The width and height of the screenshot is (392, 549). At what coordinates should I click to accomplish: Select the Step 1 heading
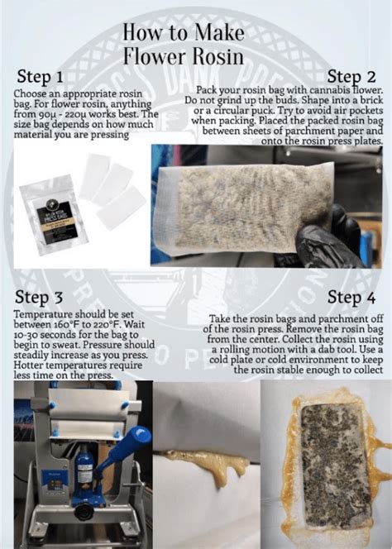click(x=41, y=77)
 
